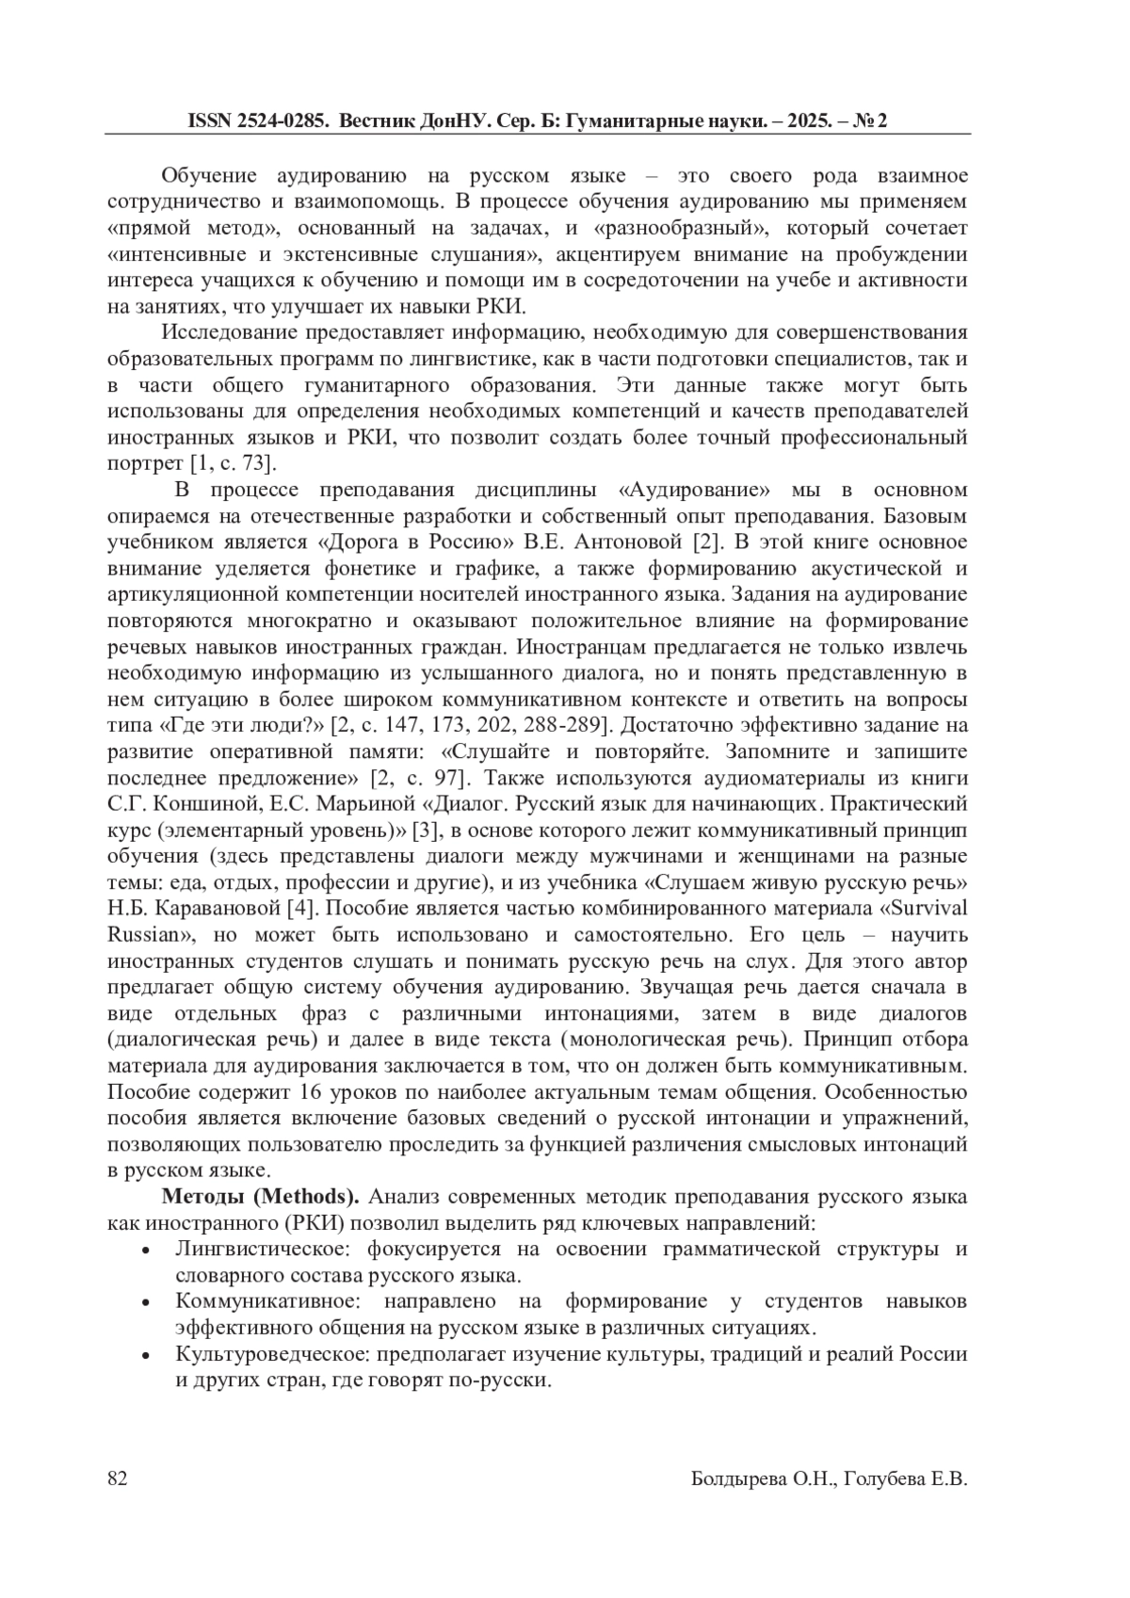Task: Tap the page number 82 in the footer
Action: pyautogui.click(x=118, y=1478)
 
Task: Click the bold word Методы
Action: pyautogui.click(x=204, y=1197)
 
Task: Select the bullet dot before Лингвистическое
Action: pyautogui.click(x=145, y=1251)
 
